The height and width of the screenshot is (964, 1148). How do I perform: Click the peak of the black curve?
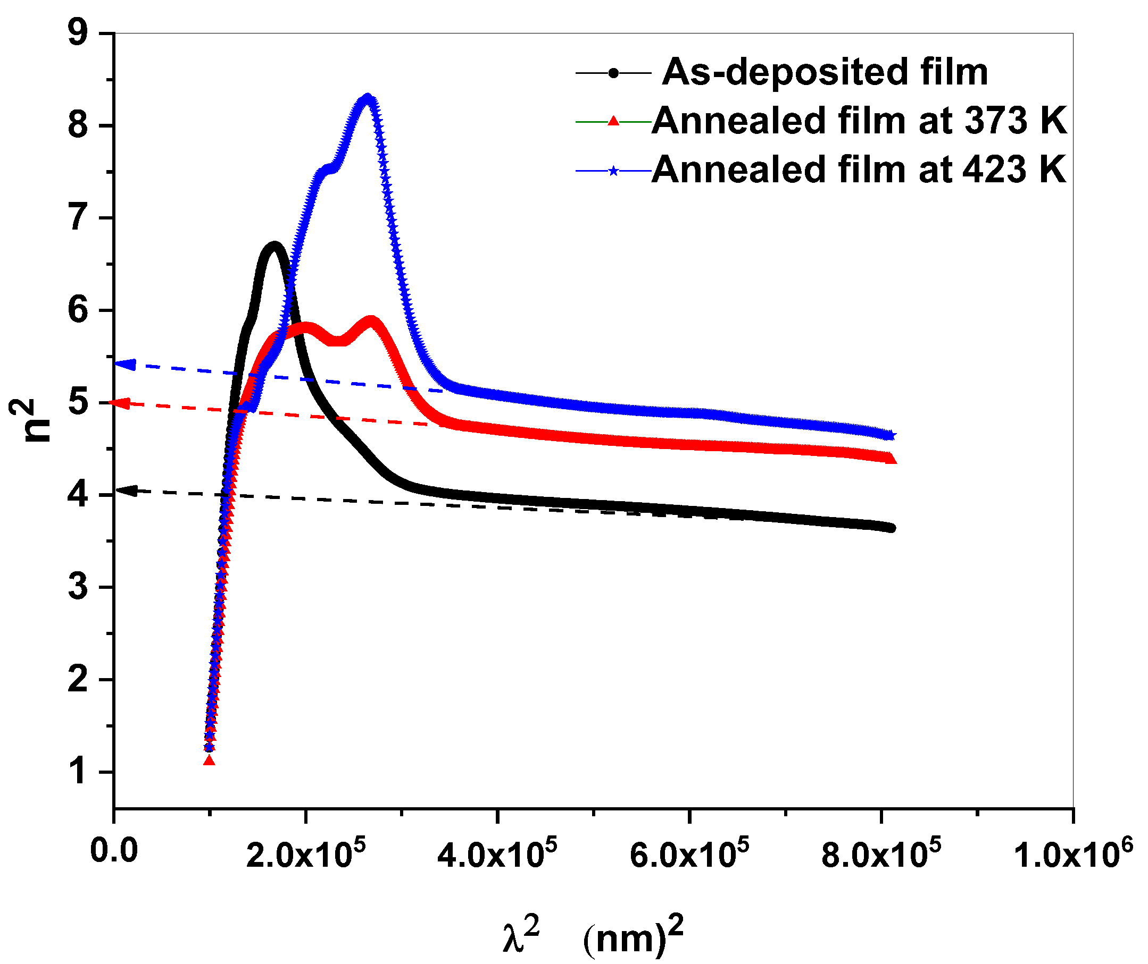point(274,246)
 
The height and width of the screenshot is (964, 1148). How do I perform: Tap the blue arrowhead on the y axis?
point(124,365)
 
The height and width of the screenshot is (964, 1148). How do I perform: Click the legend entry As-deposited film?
point(825,72)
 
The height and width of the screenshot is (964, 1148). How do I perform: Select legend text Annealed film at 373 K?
point(859,120)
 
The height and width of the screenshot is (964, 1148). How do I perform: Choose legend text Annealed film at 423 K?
point(859,170)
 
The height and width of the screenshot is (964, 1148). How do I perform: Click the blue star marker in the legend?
point(614,171)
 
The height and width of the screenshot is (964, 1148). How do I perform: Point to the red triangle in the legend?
point(614,121)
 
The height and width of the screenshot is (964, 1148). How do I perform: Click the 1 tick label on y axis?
point(78,772)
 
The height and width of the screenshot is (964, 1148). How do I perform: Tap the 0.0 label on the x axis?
point(113,851)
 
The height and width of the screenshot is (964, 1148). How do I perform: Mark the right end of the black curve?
point(892,528)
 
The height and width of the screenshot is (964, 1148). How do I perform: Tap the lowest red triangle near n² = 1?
point(209,760)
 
